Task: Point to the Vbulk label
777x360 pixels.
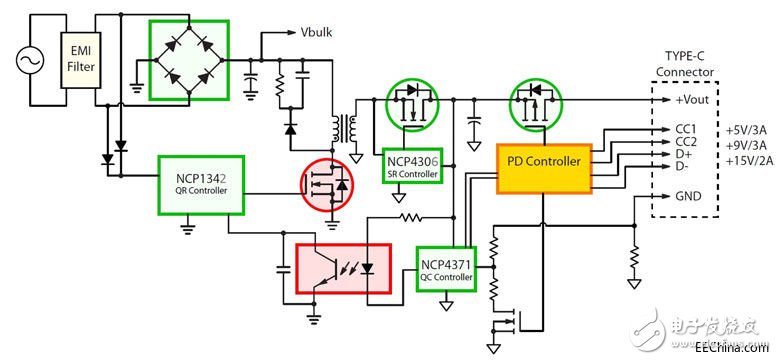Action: point(317,31)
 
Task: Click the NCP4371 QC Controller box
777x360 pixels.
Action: point(446,265)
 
